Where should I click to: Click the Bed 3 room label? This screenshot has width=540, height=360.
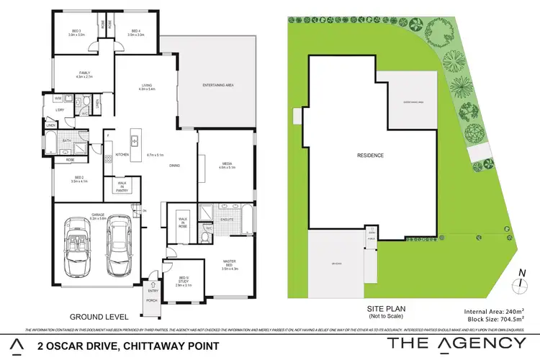[75, 32]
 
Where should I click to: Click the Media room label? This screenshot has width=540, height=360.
[226, 164]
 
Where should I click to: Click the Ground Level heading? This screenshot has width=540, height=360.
[99, 316]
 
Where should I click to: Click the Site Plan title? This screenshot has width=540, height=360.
[372, 308]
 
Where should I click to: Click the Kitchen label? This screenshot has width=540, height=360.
[122, 154]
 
